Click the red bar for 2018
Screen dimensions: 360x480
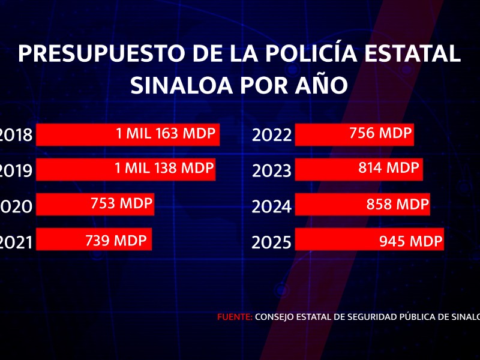coord(128,135)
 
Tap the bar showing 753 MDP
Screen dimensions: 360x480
coord(95,205)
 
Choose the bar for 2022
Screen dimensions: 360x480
coord(355,135)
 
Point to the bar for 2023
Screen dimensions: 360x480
coord(359,170)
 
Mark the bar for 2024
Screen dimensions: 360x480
coord(362,205)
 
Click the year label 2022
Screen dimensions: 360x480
coord(272,136)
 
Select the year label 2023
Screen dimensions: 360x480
coord(272,171)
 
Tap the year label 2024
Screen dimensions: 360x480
coord(272,207)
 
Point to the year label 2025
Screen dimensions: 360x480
coord(272,242)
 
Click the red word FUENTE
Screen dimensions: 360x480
coord(235,317)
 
